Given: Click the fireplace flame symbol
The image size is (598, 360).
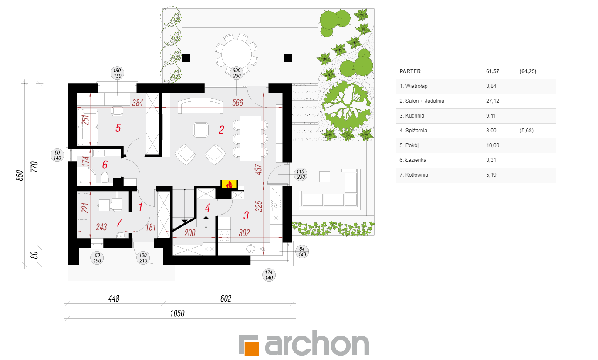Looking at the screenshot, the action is (229, 185).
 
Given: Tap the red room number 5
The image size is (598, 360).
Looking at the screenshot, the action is (118, 128).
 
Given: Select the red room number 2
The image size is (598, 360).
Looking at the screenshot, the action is (221, 130).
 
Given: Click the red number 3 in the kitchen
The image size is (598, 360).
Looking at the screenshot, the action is (246, 215).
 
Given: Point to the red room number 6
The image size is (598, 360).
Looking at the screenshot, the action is (105, 165).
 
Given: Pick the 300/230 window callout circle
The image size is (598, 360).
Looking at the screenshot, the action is (236, 73).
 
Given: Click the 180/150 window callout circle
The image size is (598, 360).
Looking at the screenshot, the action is (117, 73).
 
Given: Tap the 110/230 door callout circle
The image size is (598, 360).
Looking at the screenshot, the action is (301, 174).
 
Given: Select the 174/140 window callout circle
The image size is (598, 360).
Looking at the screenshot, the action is (269, 275).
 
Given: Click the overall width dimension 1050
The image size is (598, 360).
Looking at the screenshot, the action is (177, 313).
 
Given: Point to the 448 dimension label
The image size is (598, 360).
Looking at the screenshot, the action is (114, 298).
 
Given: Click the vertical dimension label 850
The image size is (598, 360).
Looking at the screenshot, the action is (20, 175).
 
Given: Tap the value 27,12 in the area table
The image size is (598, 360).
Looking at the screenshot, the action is (493, 101).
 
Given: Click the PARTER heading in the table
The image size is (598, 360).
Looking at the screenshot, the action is (410, 71).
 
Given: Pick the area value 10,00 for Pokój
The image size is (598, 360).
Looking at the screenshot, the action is (493, 145).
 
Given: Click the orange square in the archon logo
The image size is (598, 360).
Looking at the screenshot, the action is (251, 348).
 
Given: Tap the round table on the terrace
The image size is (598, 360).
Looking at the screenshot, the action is (236, 54).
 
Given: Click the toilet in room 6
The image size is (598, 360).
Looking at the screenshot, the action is (105, 177).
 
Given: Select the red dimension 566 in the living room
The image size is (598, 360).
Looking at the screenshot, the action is (238, 103).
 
